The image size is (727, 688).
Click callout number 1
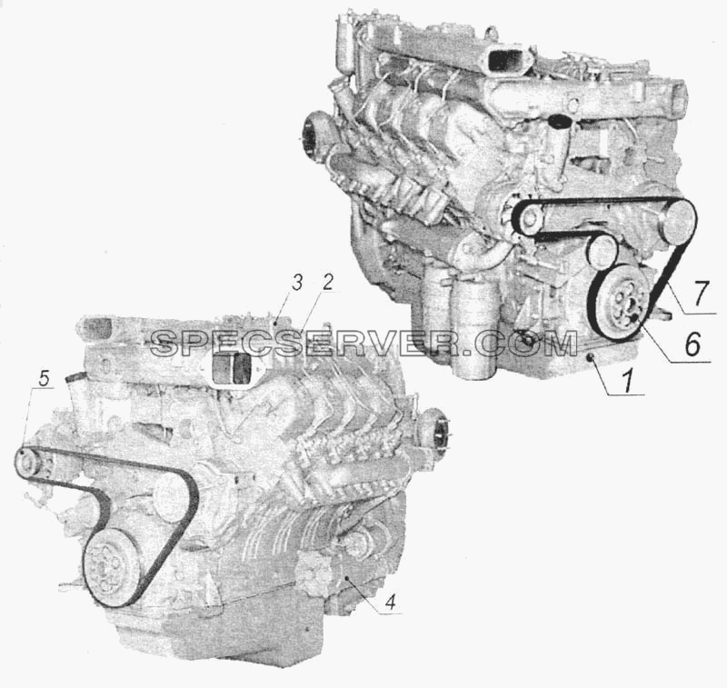point(627,382)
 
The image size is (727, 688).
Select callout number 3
point(297,283)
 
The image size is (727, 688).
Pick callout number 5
point(43,379)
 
